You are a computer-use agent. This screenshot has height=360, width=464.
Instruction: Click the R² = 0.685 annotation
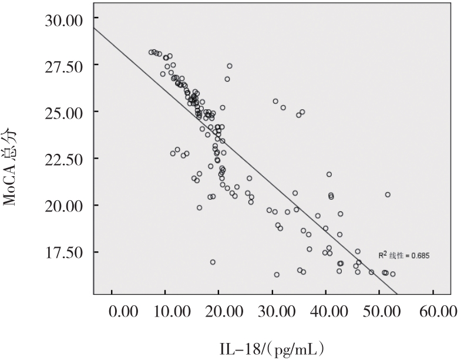(x=404, y=256)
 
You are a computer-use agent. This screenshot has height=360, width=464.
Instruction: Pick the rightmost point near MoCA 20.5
(x=388, y=194)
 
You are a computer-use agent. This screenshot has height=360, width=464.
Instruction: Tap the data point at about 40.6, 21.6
(x=329, y=174)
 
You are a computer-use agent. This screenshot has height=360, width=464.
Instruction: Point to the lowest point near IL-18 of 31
(x=277, y=274)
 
